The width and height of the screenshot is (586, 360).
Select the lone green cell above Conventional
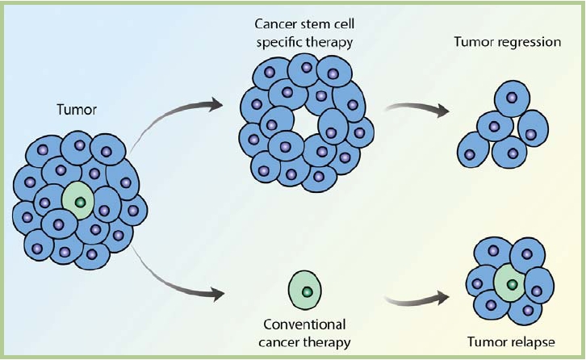coord(305,290)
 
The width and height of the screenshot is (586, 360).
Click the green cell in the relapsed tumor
coord(510,282)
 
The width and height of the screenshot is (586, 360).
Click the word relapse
coord(532,342)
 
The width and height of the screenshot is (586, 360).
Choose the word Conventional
coord(305,324)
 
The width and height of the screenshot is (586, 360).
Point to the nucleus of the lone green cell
coord(306,291)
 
